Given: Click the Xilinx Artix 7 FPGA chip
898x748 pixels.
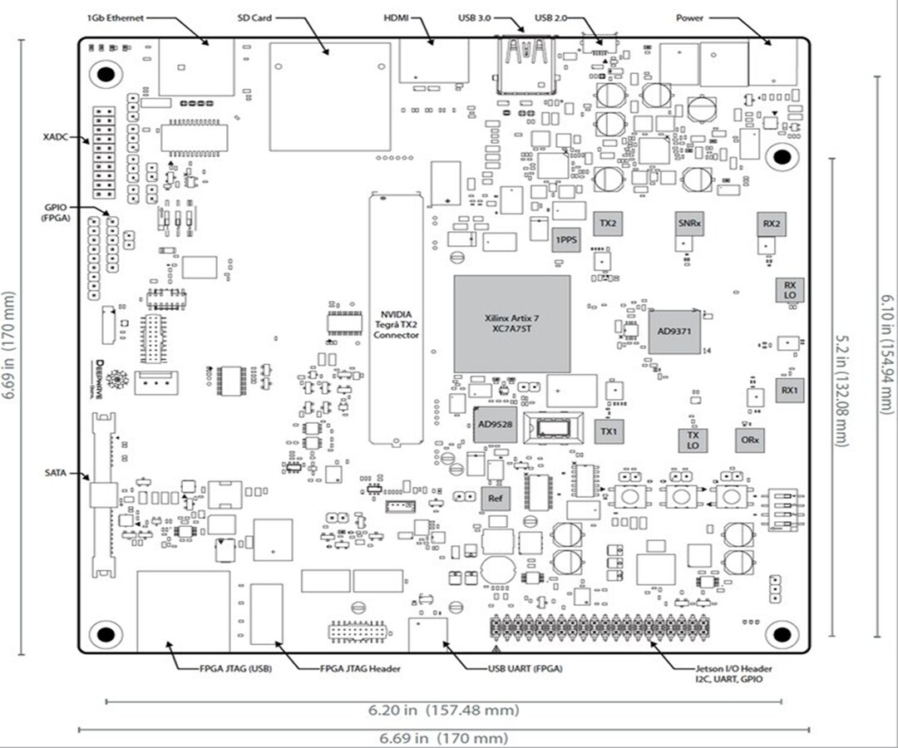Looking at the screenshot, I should pyautogui.click(x=512, y=323).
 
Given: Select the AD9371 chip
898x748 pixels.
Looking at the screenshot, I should pyautogui.click(x=674, y=332).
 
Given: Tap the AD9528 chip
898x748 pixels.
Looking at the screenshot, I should pyautogui.click(x=495, y=424).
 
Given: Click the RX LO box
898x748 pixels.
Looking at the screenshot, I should pyautogui.click(x=789, y=290).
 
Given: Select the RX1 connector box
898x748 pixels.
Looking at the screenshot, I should pyautogui.click(x=789, y=389).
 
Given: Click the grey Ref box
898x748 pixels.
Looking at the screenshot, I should pyautogui.click(x=495, y=499).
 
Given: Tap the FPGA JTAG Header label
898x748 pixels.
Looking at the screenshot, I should pyautogui.click(x=361, y=668).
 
